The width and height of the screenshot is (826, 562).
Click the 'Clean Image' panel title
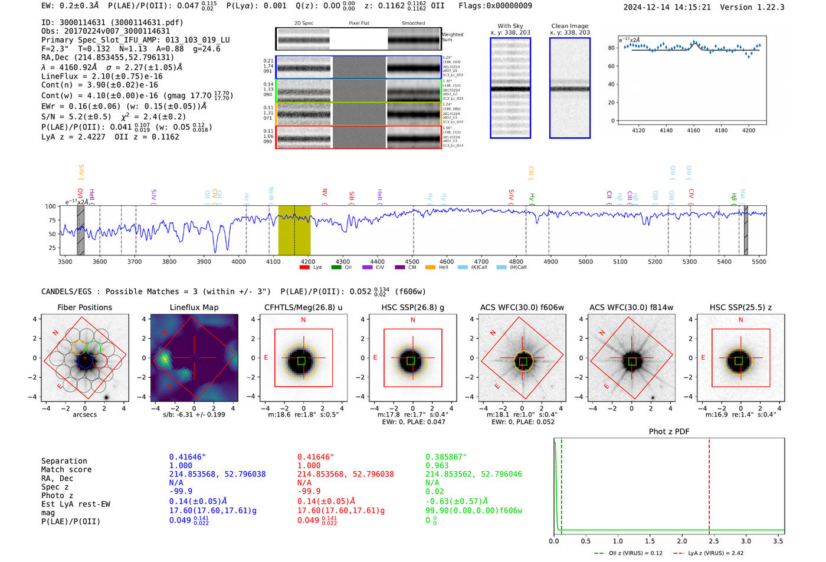569,26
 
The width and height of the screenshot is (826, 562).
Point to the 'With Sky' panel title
510,26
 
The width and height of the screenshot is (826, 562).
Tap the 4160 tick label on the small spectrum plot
693,130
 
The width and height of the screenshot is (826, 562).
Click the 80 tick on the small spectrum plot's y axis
611,48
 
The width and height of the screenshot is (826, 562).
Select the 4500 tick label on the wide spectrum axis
412,262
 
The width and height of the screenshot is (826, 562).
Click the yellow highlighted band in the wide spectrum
294,230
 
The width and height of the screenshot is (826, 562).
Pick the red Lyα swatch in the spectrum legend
304,268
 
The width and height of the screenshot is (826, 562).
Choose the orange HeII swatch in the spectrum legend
430,268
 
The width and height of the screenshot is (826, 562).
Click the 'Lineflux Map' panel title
194,307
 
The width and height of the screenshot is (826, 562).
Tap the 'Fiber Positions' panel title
84,307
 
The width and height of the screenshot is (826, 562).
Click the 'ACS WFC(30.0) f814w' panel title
631,307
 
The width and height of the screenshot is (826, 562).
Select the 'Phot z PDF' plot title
669,432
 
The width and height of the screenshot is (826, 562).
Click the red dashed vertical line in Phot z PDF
709,484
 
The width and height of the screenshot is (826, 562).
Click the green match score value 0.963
437,466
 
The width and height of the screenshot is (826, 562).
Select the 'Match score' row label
67,470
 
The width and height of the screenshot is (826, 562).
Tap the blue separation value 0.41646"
188,457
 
